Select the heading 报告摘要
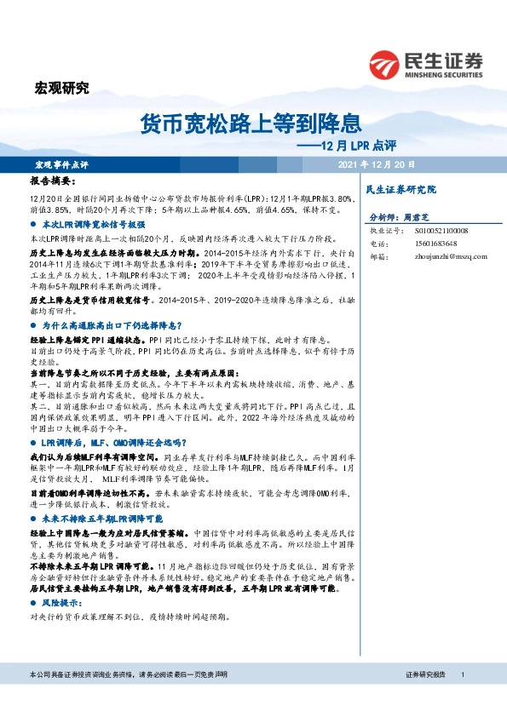pos(52,182)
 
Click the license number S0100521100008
pos(431,231)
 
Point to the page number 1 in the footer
pos(462,674)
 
